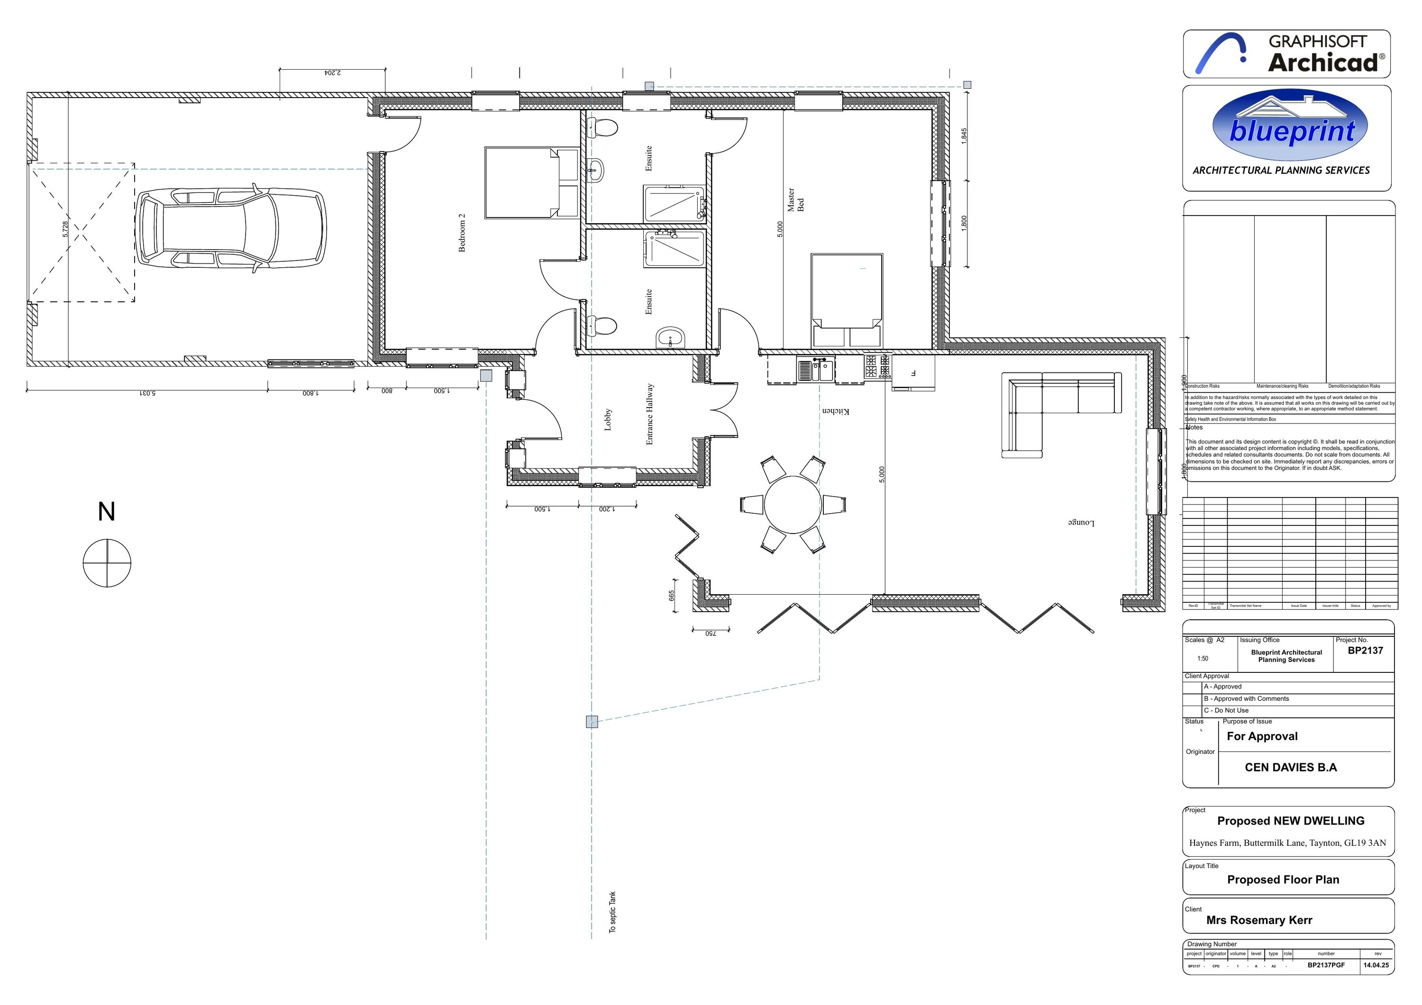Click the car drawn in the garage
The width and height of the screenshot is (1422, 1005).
(x=230, y=228)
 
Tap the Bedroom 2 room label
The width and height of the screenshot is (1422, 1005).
(x=461, y=234)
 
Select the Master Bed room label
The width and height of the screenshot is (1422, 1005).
(x=795, y=200)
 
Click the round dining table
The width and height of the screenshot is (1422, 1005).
(x=792, y=504)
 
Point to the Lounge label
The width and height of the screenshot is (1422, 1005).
(x=1081, y=523)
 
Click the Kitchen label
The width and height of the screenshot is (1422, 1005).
(x=836, y=411)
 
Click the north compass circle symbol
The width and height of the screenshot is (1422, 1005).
(x=107, y=563)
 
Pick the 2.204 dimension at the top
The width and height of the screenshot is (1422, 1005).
(x=333, y=73)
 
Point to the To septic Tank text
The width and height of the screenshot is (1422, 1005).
(x=612, y=912)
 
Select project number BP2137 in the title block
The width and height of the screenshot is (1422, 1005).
(x=1365, y=651)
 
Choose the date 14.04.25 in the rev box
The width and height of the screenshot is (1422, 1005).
(x=1376, y=965)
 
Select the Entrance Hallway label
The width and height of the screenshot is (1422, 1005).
(x=650, y=414)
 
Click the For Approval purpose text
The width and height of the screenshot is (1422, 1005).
(x=1262, y=736)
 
